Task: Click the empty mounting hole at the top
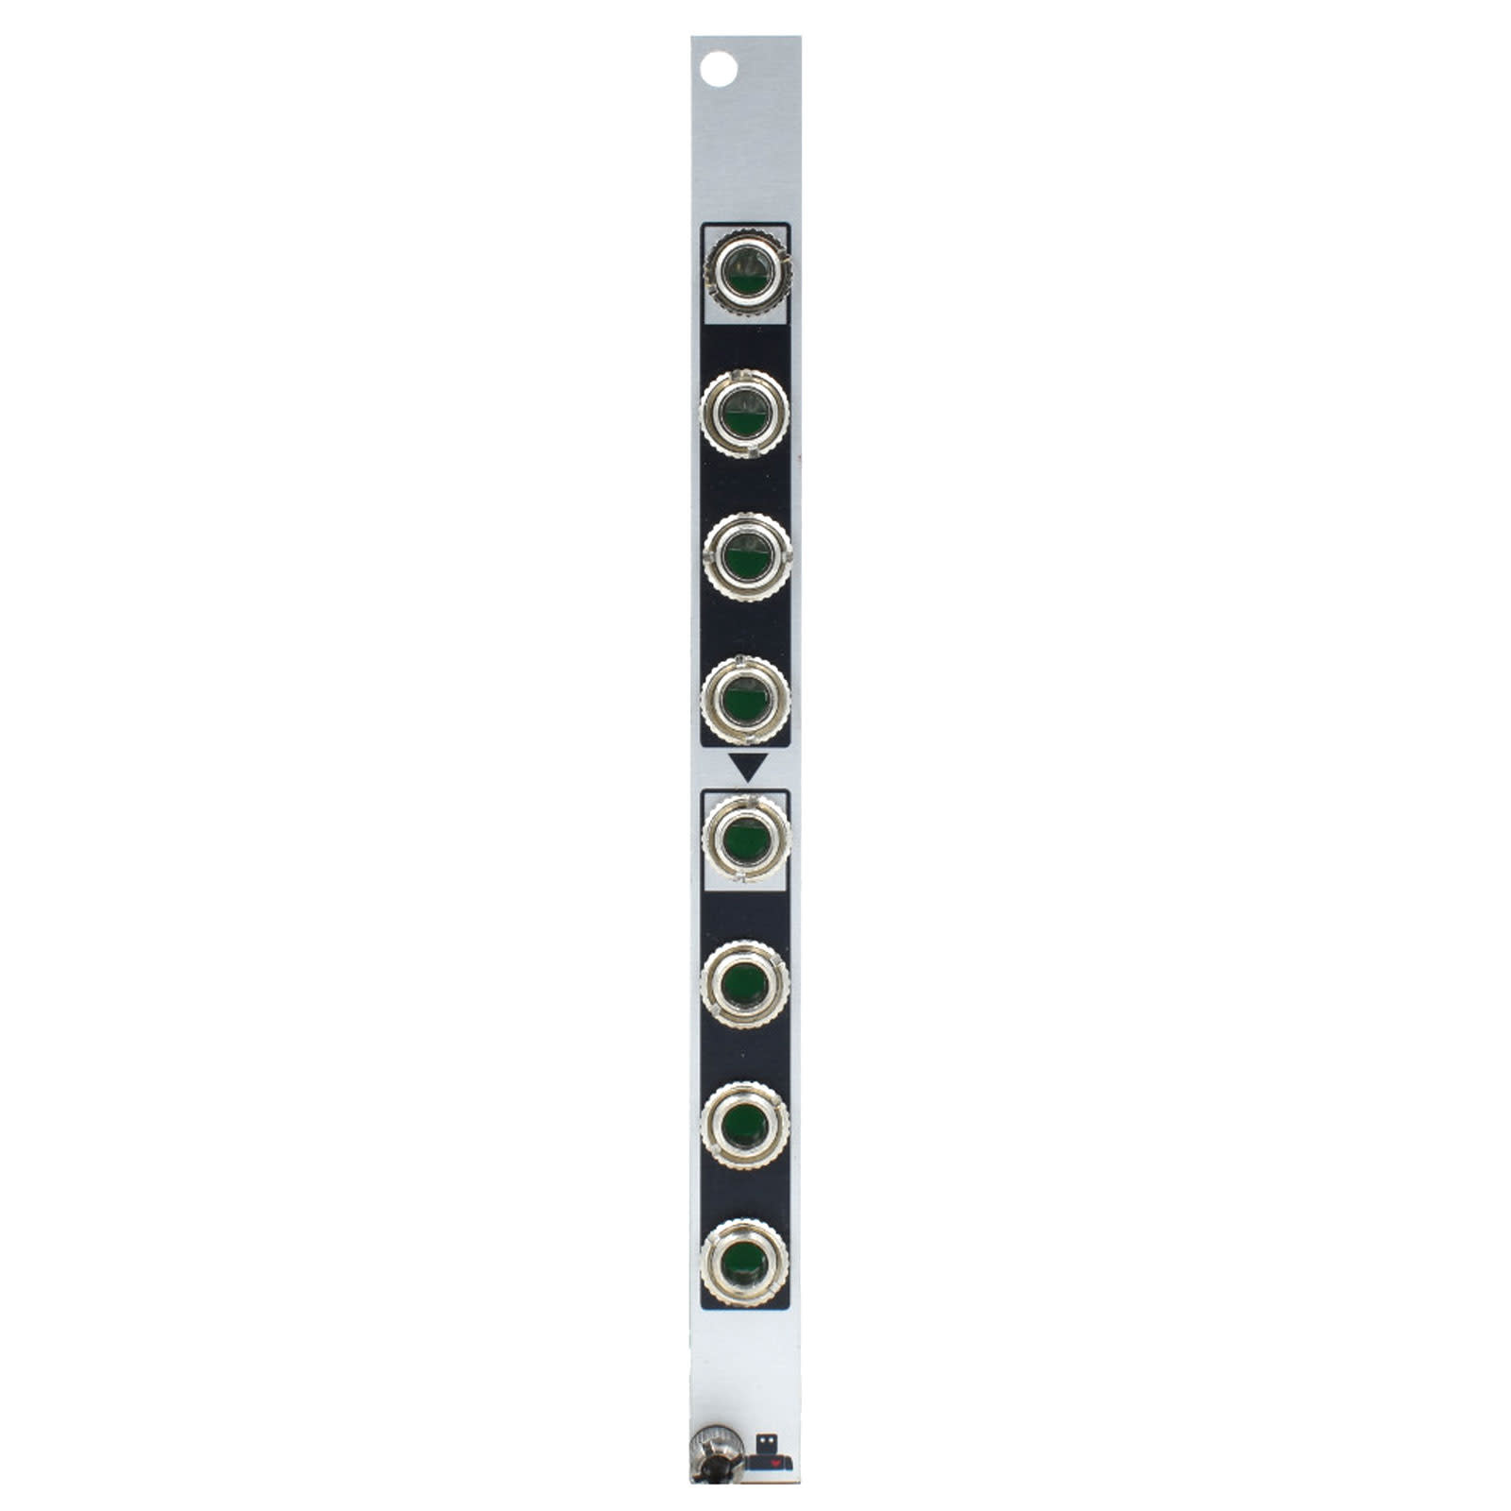(718, 69)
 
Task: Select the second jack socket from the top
(745, 414)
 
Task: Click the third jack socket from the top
(746, 556)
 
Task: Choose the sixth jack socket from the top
(745, 983)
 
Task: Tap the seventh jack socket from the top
(745, 1126)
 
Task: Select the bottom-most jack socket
(745, 1263)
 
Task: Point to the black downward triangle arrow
(745, 765)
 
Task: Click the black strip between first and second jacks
(745, 346)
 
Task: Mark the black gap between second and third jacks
(745, 485)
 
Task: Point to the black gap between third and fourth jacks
(745, 627)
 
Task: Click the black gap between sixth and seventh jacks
(745, 1055)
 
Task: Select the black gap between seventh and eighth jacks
(745, 1195)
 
